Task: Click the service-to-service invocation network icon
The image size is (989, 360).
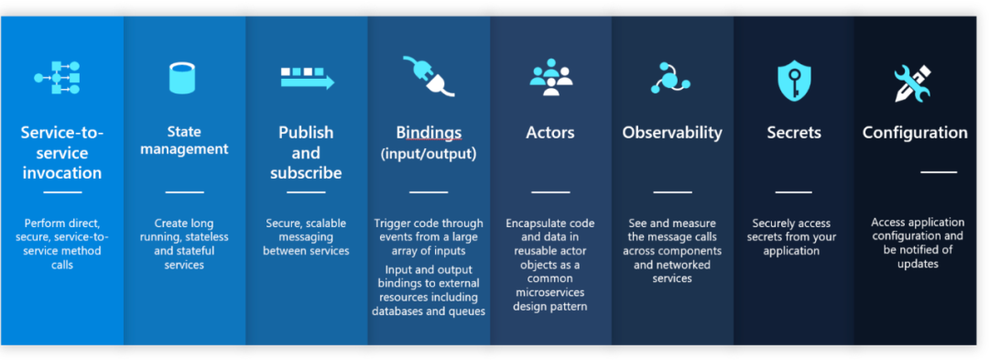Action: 57,78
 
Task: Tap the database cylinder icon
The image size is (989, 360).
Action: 181,78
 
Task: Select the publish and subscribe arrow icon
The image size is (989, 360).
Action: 307,78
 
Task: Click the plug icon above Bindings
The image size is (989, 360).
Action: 429,76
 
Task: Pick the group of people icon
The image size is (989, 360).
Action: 550,77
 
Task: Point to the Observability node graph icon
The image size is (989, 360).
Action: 670,78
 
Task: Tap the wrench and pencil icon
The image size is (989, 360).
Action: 912,83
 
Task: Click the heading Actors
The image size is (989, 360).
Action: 550,133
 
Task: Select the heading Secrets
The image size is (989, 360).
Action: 794,133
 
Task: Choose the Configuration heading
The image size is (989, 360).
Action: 915,133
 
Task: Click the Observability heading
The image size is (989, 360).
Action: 672,133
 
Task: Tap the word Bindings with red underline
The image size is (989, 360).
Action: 429,133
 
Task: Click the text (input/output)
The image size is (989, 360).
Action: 429,154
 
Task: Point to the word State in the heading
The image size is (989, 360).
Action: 184,132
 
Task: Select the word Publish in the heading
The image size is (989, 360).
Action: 306,133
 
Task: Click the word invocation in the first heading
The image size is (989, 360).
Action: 62,173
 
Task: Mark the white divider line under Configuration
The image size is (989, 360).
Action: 939,171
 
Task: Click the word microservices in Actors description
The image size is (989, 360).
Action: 550,292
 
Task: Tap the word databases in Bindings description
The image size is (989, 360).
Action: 395,311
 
